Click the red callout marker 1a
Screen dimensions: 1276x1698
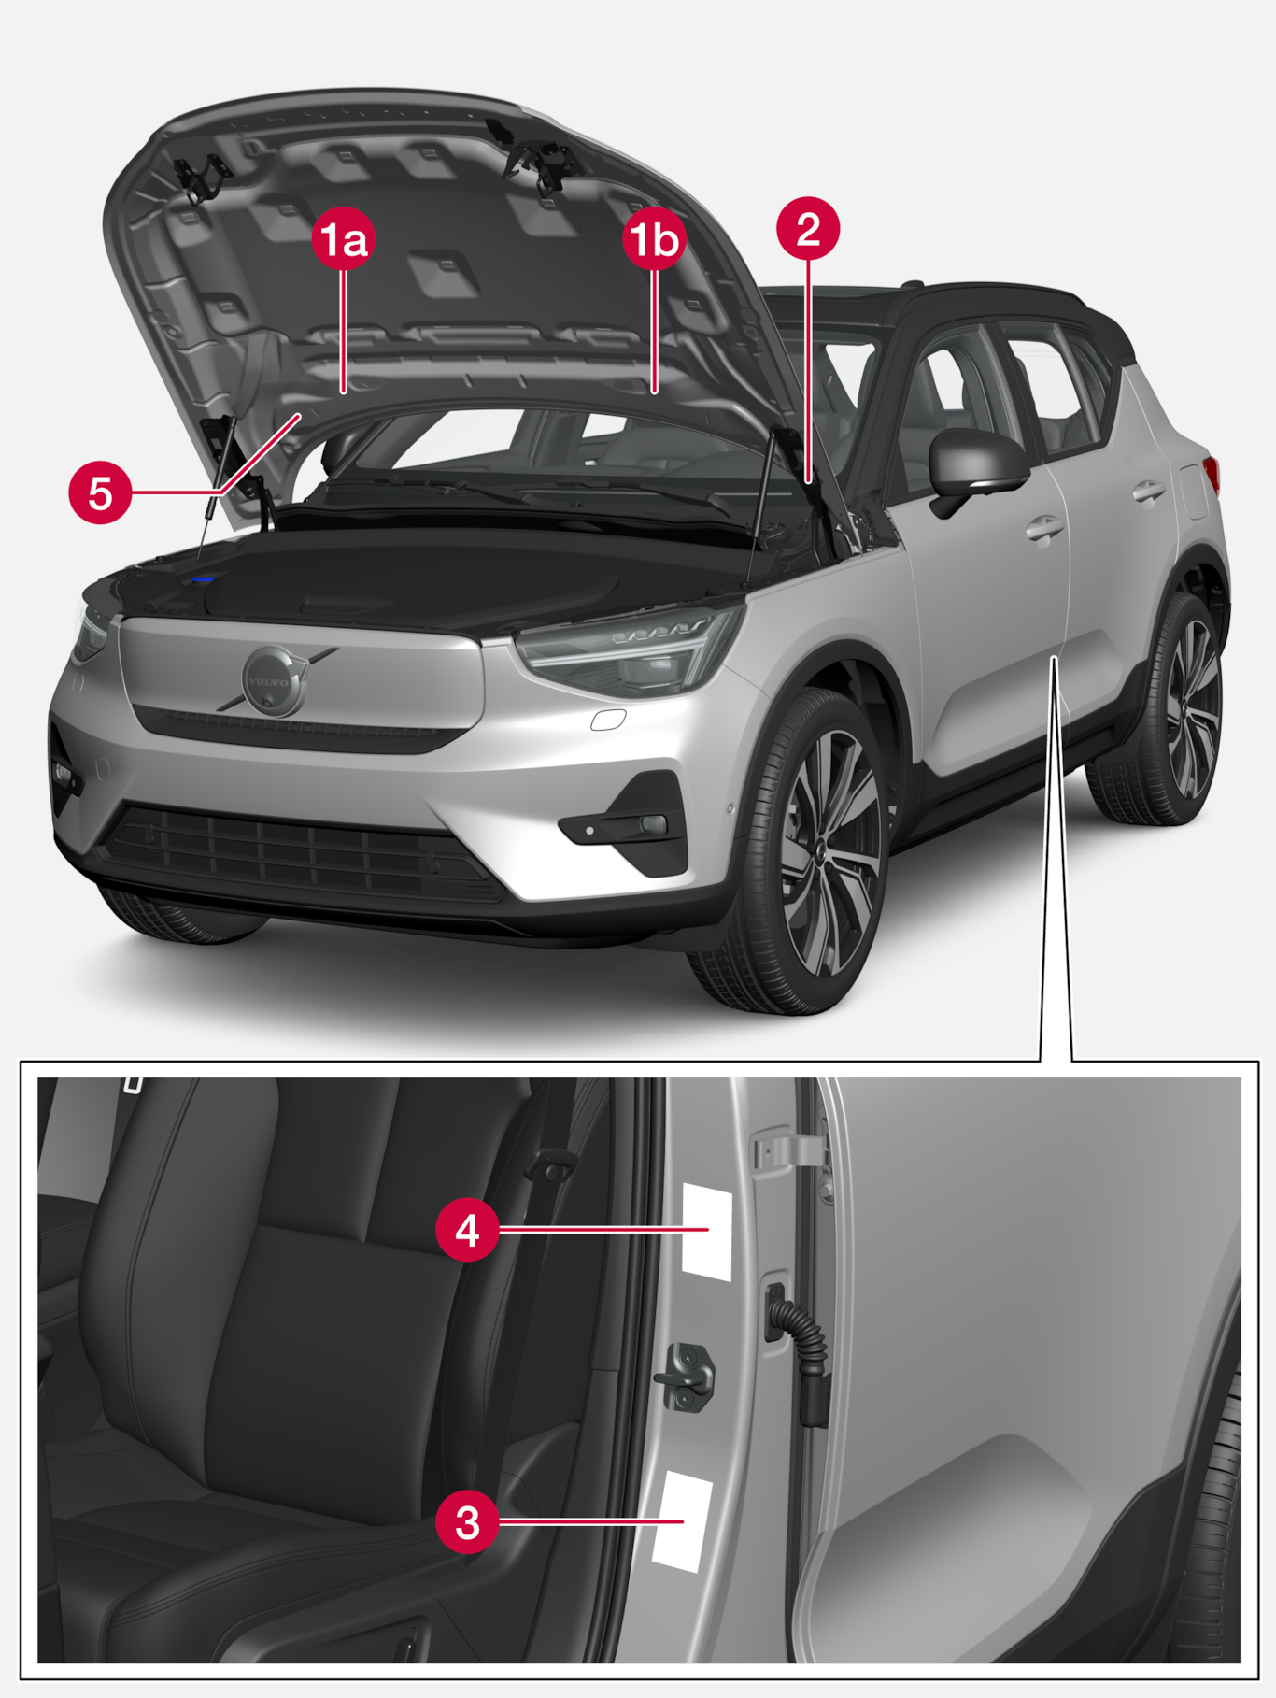[x=344, y=239]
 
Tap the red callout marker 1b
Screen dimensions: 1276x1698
[x=654, y=239]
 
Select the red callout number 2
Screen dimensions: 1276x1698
[x=809, y=228]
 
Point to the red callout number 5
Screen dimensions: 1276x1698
[x=100, y=492]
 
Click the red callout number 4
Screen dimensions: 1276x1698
[x=467, y=1230]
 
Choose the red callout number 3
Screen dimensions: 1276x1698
[x=467, y=1522]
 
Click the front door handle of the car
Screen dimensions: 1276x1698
[x=1044, y=530]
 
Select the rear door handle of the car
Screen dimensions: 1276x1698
[x=1148, y=492]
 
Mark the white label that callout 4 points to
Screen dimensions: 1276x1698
[x=707, y=1230]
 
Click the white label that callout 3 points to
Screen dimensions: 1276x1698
[x=682, y=1520]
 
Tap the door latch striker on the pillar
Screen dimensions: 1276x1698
[x=685, y=1376]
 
